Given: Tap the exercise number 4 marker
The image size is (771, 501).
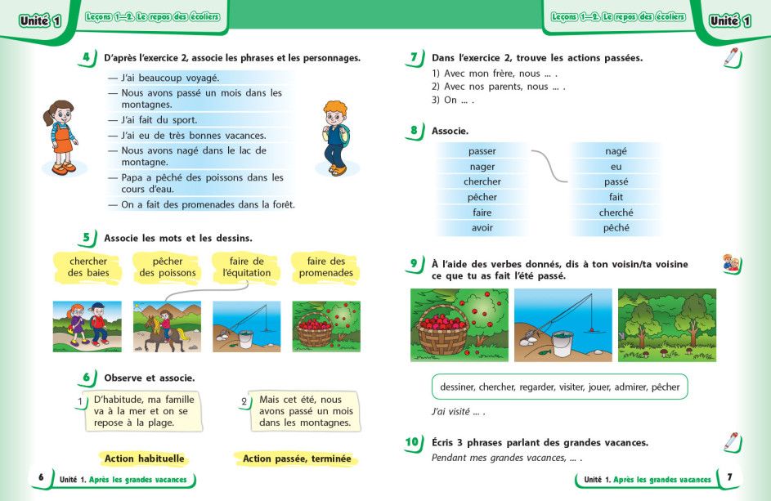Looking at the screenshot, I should [x=86, y=57].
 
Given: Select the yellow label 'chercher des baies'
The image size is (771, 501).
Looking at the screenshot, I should [x=88, y=267].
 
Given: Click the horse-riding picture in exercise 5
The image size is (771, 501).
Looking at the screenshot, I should [x=168, y=326].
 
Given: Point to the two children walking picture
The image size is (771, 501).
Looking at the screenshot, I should [x=87, y=326].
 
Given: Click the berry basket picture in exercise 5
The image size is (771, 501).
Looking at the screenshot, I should [x=325, y=326].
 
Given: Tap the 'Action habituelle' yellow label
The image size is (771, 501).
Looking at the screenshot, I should [x=145, y=459].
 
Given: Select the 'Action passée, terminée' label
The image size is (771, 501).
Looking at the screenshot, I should [x=297, y=459].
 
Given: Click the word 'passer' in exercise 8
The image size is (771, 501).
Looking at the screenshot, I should [x=482, y=151].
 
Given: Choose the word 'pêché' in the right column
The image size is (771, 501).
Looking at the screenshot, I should [x=616, y=228].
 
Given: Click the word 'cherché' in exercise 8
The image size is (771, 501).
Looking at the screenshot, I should [x=616, y=212].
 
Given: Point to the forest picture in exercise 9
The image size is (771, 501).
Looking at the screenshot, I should [x=666, y=324].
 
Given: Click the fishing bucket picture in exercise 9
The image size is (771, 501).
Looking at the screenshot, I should [x=563, y=324].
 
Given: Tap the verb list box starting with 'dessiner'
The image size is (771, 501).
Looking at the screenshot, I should [x=559, y=387].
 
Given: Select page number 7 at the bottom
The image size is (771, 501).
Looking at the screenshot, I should [x=729, y=477].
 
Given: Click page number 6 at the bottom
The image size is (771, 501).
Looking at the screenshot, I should [x=41, y=477].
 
